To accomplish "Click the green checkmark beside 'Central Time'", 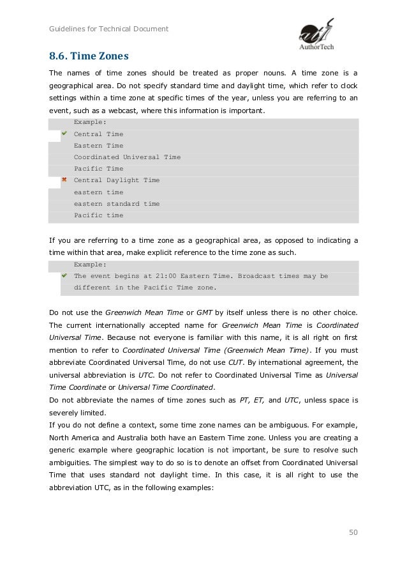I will tap(64, 134).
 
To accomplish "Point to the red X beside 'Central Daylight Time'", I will tap(64, 180).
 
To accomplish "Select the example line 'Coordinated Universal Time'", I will tap(127, 157).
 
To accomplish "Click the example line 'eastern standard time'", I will tap(116, 204).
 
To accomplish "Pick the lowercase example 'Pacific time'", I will tap(98, 215).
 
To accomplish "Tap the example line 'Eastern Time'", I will tap(98, 146).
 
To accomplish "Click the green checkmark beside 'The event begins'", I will tap(64, 276).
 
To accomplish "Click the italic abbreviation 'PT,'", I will tap(244, 400).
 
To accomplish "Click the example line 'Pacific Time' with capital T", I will tap(98, 169).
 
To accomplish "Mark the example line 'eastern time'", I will tap(98, 192).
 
